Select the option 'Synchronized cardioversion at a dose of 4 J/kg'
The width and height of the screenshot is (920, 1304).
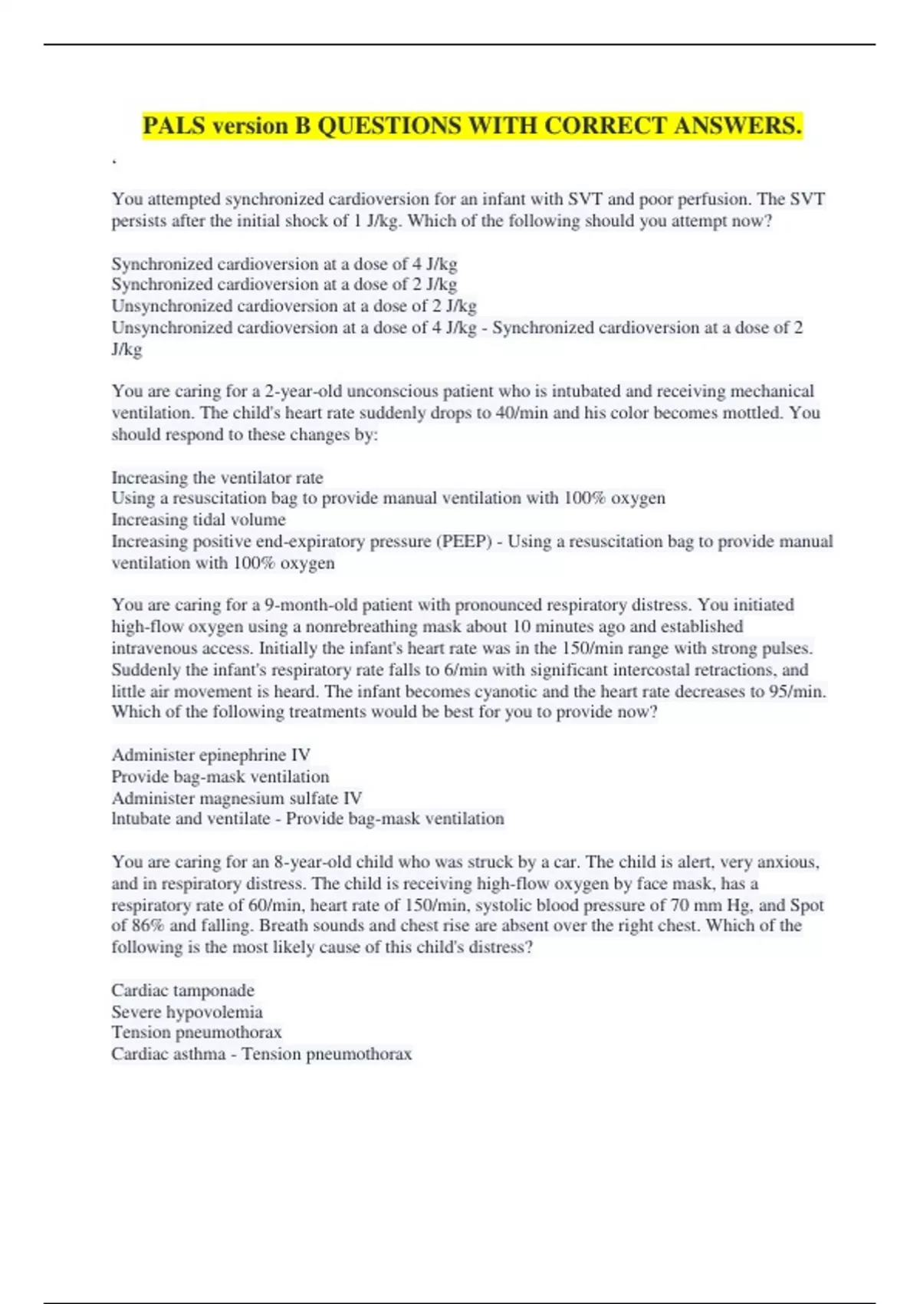[284, 264]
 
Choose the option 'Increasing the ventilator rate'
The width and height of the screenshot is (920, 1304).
[217, 477]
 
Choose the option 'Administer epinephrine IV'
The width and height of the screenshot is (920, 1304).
[211, 755]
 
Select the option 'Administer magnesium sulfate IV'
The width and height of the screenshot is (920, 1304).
[237, 798]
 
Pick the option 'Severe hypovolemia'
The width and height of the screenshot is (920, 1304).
[187, 1012]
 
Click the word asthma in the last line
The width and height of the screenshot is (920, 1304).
[201, 1054]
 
